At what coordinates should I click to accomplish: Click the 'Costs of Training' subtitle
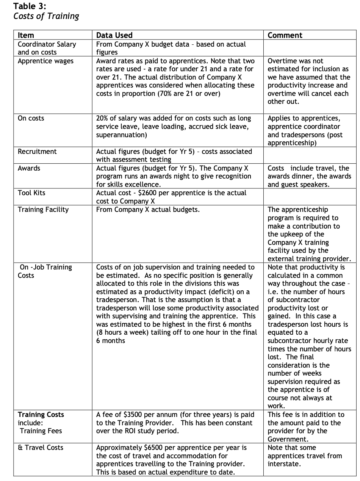46,16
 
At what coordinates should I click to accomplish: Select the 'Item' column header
26,35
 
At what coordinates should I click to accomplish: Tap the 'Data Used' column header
114,35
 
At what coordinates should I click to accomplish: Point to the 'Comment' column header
285,35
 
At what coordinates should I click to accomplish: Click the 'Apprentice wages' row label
45,61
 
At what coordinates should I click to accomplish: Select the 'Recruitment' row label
37,152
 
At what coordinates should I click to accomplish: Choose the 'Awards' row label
29,168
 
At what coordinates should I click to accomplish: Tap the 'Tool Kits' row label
31,193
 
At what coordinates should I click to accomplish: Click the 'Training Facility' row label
43,210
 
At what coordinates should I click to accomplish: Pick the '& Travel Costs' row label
41,448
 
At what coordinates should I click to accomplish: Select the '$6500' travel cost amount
153,448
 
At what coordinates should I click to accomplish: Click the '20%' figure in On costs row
103,118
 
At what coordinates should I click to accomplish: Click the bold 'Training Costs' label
41,415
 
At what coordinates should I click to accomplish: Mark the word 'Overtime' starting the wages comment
282,61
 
